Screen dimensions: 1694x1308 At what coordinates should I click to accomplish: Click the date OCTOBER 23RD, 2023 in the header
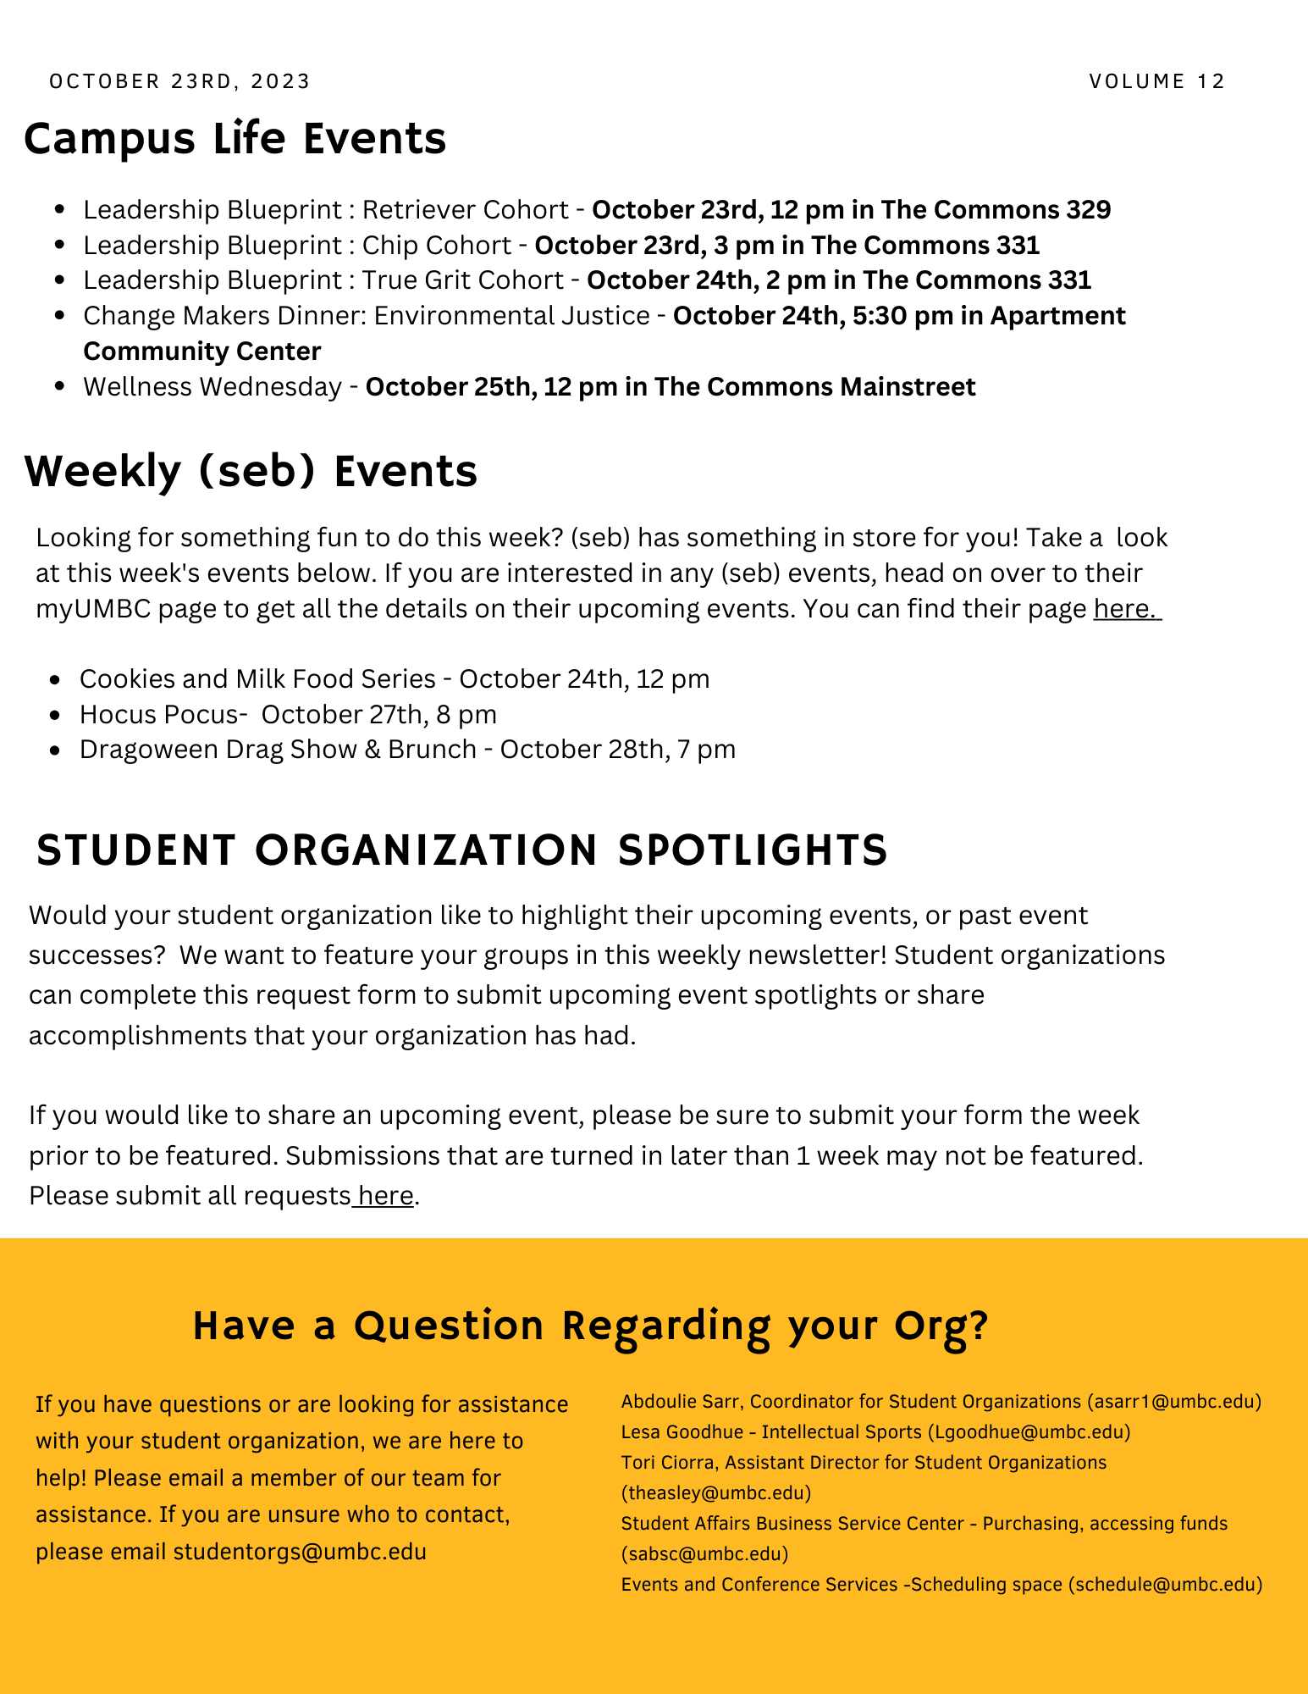[x=180, y=81]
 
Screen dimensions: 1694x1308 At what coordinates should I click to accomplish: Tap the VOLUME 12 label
[x=1157, y=81]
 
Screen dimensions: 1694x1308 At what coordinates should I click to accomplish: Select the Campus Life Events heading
[x=235, y=138]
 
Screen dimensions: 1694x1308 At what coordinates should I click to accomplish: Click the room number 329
[x=1088, y=209]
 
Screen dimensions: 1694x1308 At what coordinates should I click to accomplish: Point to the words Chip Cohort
[x=436, y=245]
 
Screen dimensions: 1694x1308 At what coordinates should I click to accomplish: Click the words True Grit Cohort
[x=462, y=280]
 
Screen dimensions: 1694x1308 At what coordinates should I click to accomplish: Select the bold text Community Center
[x=202, y=351]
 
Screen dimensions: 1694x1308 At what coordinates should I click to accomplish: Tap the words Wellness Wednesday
[x=212, y=386]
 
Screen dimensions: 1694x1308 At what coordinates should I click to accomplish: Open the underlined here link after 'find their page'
[x=1125, y=609]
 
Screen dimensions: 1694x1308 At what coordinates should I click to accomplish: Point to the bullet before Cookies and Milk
[x=56, y=679]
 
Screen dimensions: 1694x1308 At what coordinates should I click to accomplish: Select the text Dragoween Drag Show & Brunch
[x=278, y=750]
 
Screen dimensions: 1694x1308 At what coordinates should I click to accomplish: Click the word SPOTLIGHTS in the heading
[x=753, y=850]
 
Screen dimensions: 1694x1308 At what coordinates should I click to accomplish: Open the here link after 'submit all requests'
[x=385, y=1195]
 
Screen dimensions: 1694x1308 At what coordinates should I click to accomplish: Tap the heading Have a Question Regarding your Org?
[x=590, y=1326]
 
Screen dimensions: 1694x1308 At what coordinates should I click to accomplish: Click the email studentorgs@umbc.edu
[x=300, y=1552]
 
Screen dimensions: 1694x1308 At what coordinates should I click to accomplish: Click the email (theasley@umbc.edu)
[x=716, y=1492]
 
